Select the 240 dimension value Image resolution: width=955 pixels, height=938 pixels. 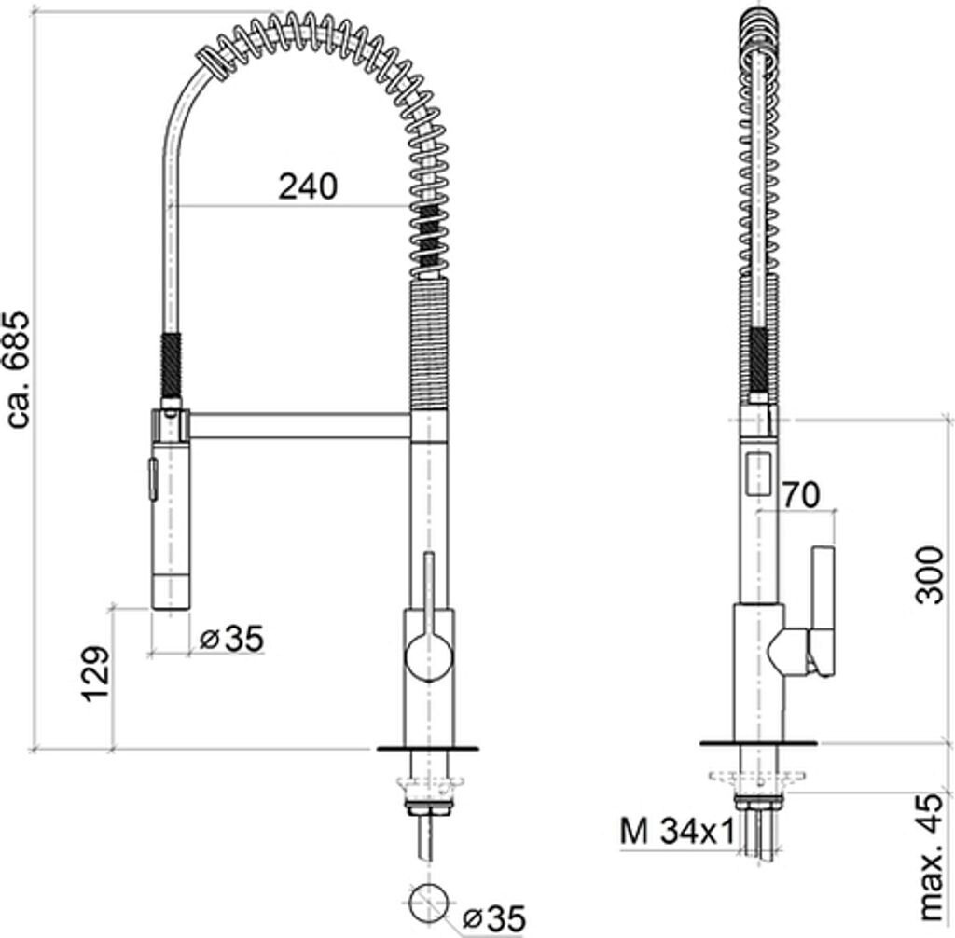[308, 186]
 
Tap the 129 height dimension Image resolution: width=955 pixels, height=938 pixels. [96, 674]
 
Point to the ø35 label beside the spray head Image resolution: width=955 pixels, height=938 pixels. [232, 639]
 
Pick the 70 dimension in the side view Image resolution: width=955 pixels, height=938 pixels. [801, 495]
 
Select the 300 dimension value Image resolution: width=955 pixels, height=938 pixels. [930, 575]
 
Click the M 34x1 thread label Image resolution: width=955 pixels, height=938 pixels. [677, 832]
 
